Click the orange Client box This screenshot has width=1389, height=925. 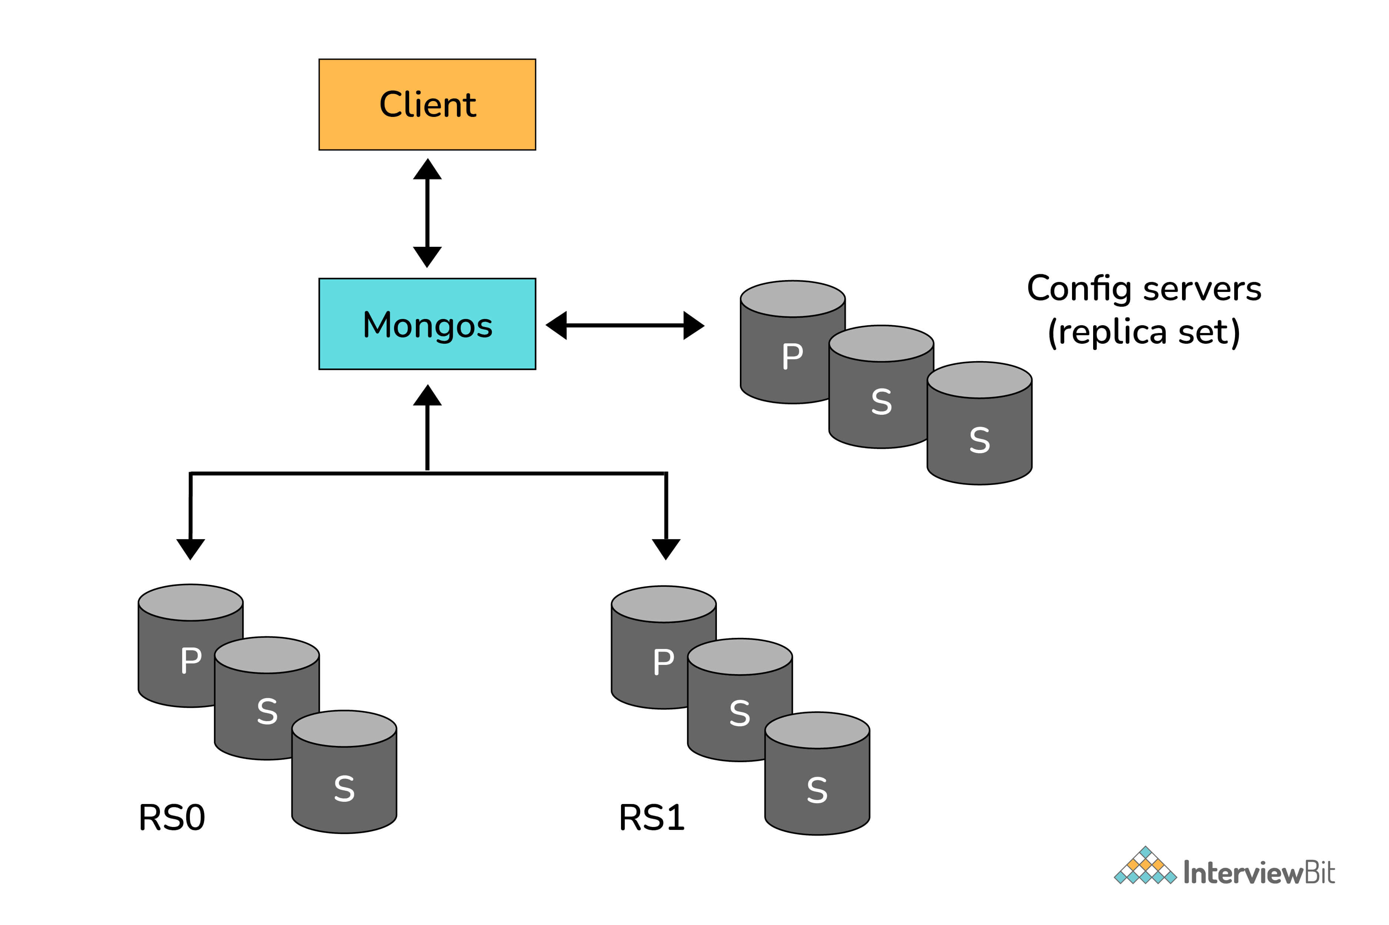[427, 104]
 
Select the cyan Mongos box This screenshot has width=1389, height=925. [427, 324]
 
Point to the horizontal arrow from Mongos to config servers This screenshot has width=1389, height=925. [625, 325]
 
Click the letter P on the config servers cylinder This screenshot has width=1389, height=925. [792, 356]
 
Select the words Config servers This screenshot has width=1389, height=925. [1143, 289]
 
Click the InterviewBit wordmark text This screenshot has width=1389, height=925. [1259, 872]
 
